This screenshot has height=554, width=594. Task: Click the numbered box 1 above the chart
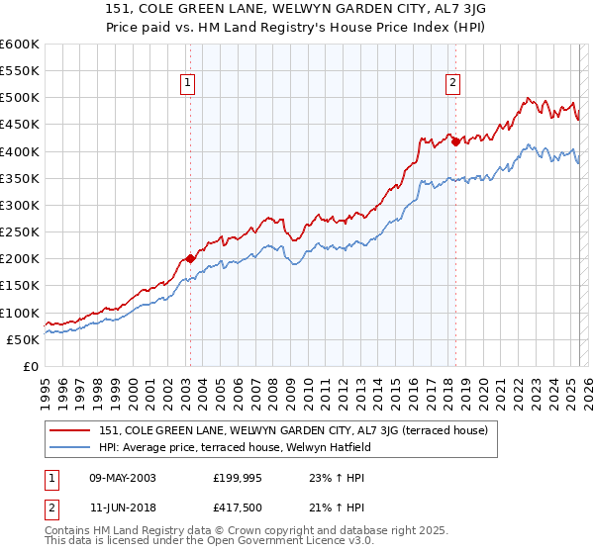tap(188, 84)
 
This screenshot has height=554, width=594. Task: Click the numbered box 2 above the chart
tap(453, 84)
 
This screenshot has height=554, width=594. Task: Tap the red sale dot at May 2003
tap(190, 259)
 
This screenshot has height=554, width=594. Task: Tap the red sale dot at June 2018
tap(455, 141)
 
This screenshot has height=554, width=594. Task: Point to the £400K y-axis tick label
tap(20, 151)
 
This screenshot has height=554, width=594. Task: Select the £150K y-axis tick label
tap(20, 286)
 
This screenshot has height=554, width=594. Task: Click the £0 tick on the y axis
tap(29, 366)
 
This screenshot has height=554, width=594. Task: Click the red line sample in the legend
tap(71, 430)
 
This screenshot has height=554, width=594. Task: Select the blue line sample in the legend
tap(71, 446)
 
